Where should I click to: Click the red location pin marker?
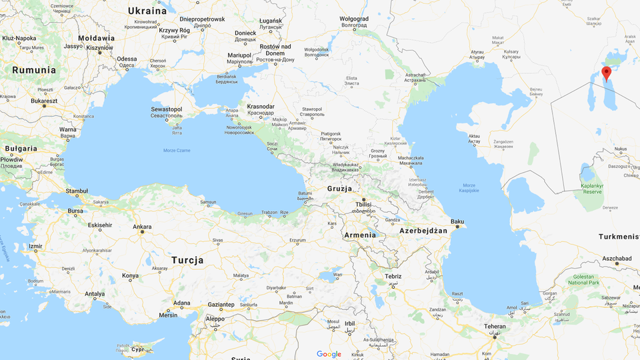point(606,73)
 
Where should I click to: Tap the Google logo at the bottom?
point(329,354)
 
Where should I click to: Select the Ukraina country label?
point(147,11)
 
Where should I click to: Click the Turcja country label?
point(187,260)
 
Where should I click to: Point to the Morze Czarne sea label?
point(177,151)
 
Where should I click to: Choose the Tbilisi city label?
point(363,205)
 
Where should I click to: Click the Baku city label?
point(457,221)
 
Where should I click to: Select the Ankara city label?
point(142,227)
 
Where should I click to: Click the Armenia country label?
point(360,235)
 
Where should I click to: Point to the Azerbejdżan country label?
point(423,231)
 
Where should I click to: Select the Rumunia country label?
point(34,70)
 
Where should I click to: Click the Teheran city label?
point(495,327)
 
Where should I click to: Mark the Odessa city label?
point(127,59)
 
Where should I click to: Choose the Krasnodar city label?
point(260,107)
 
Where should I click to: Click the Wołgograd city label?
point(353,19)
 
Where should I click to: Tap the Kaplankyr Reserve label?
point(592,187)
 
